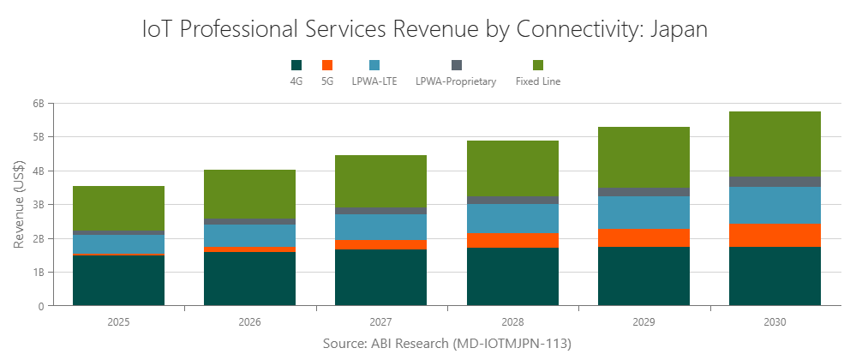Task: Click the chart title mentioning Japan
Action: click(x=425, y=29)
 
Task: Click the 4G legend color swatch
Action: click(x=296, y=65)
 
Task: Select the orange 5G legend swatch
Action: click(x=326, y=65)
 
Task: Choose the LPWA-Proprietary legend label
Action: click(x=456, y=82)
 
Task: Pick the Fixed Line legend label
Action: click(x=537, y=82)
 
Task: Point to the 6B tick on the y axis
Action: click(x=38, y=104)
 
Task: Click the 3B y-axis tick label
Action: click(x=38, y=205)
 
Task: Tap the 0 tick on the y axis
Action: click(x=40, y=306)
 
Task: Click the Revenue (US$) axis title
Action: click(x=19, y=204)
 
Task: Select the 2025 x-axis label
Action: click(x=118, y=322)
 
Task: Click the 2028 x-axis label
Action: click(x=512, y=322)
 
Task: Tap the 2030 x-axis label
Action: click(x=775, y=322)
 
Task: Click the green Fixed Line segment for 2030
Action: click(x=775, y=144)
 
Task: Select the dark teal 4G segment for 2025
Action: click(x=118, y=280)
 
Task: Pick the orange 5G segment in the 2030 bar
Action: click(x=775, y=236)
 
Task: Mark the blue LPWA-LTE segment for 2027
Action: click(x=380, y=227)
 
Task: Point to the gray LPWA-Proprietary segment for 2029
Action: click(x=643, y=192)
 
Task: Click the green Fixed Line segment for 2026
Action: click(x=249, y=194)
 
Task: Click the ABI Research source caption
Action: click(x=446, y=344)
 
